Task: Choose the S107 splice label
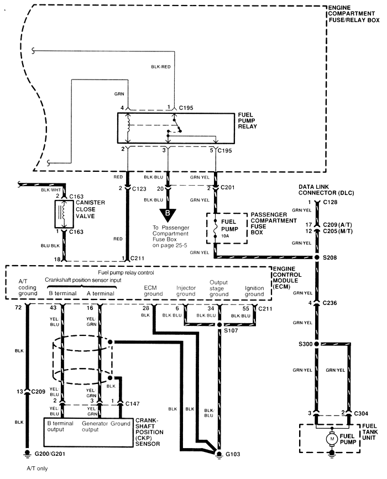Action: [231, 330]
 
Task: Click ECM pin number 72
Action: [19, 308]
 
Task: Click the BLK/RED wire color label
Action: [161, 66]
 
